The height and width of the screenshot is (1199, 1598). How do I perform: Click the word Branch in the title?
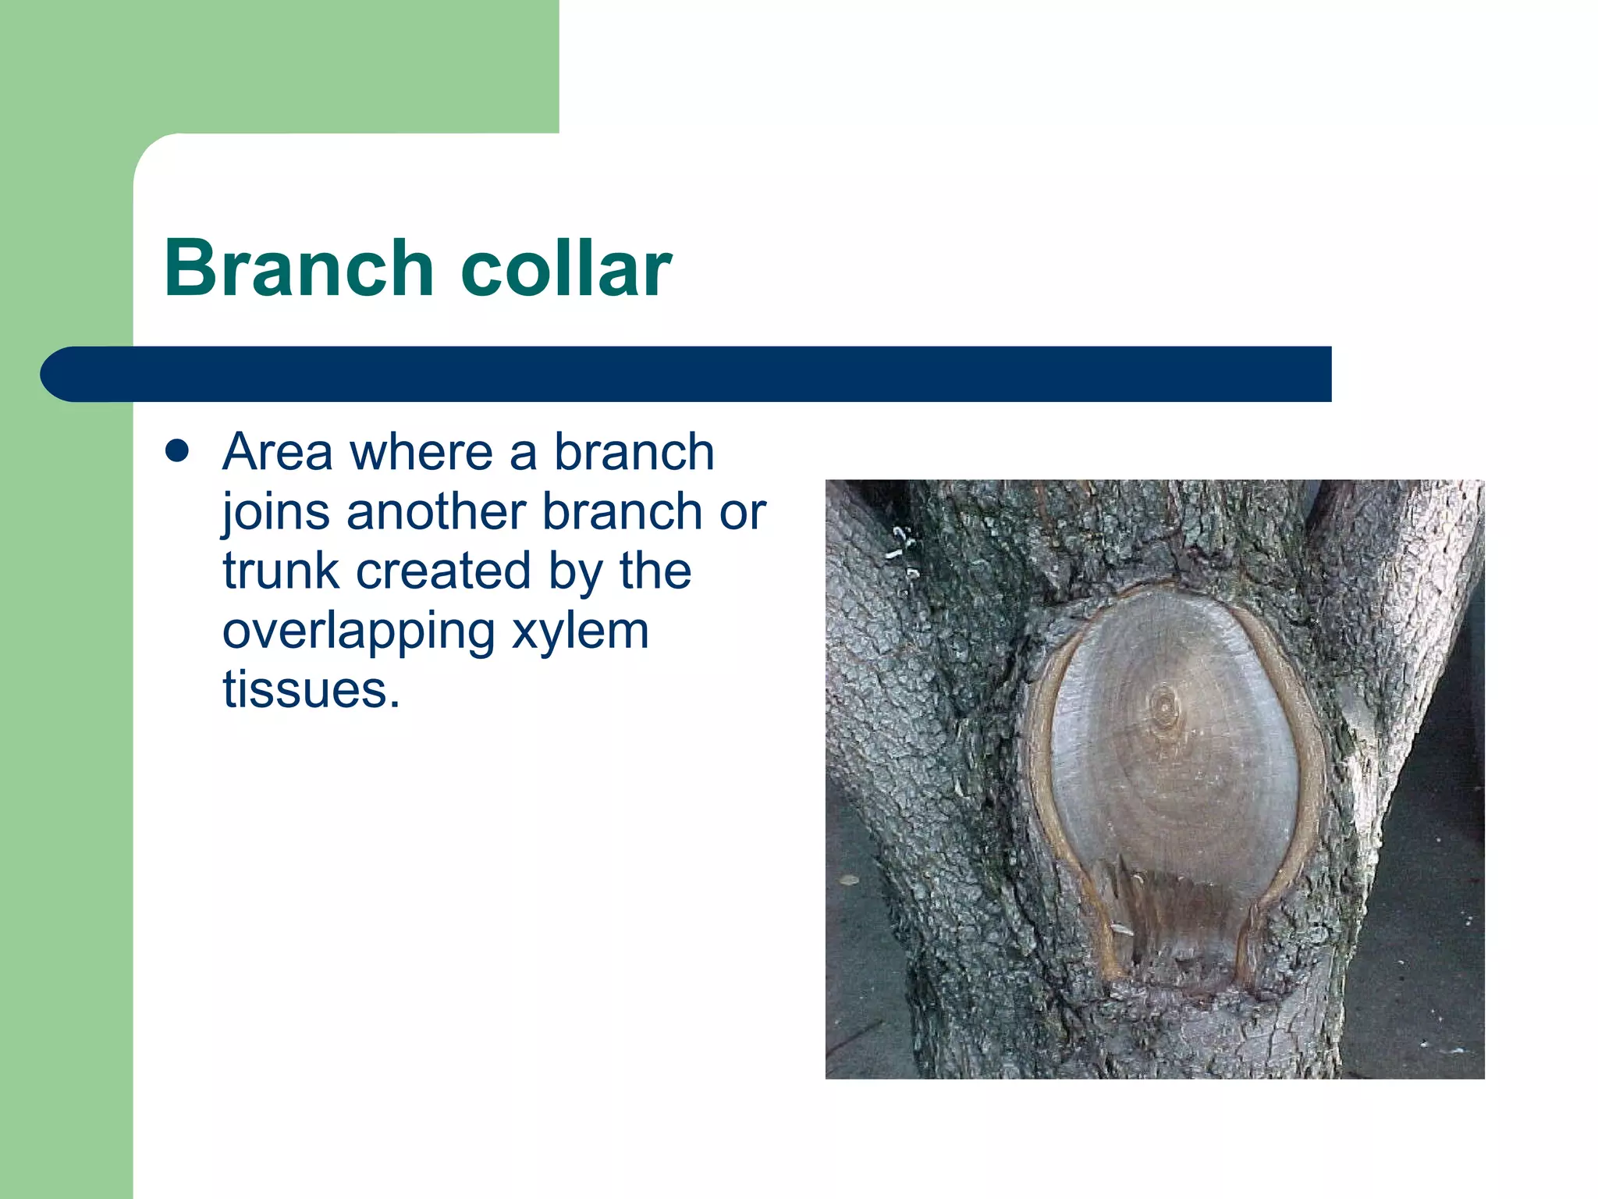point(298,269)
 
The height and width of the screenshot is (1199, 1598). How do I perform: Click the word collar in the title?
point(566,269)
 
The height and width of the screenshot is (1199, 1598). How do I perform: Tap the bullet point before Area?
point(178,451)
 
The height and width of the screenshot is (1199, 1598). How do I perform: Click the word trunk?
point(281,571)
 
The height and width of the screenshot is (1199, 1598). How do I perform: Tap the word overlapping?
point(359,632)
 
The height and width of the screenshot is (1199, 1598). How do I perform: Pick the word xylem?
point(581,632)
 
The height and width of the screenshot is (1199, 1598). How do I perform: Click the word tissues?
point(311,691)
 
